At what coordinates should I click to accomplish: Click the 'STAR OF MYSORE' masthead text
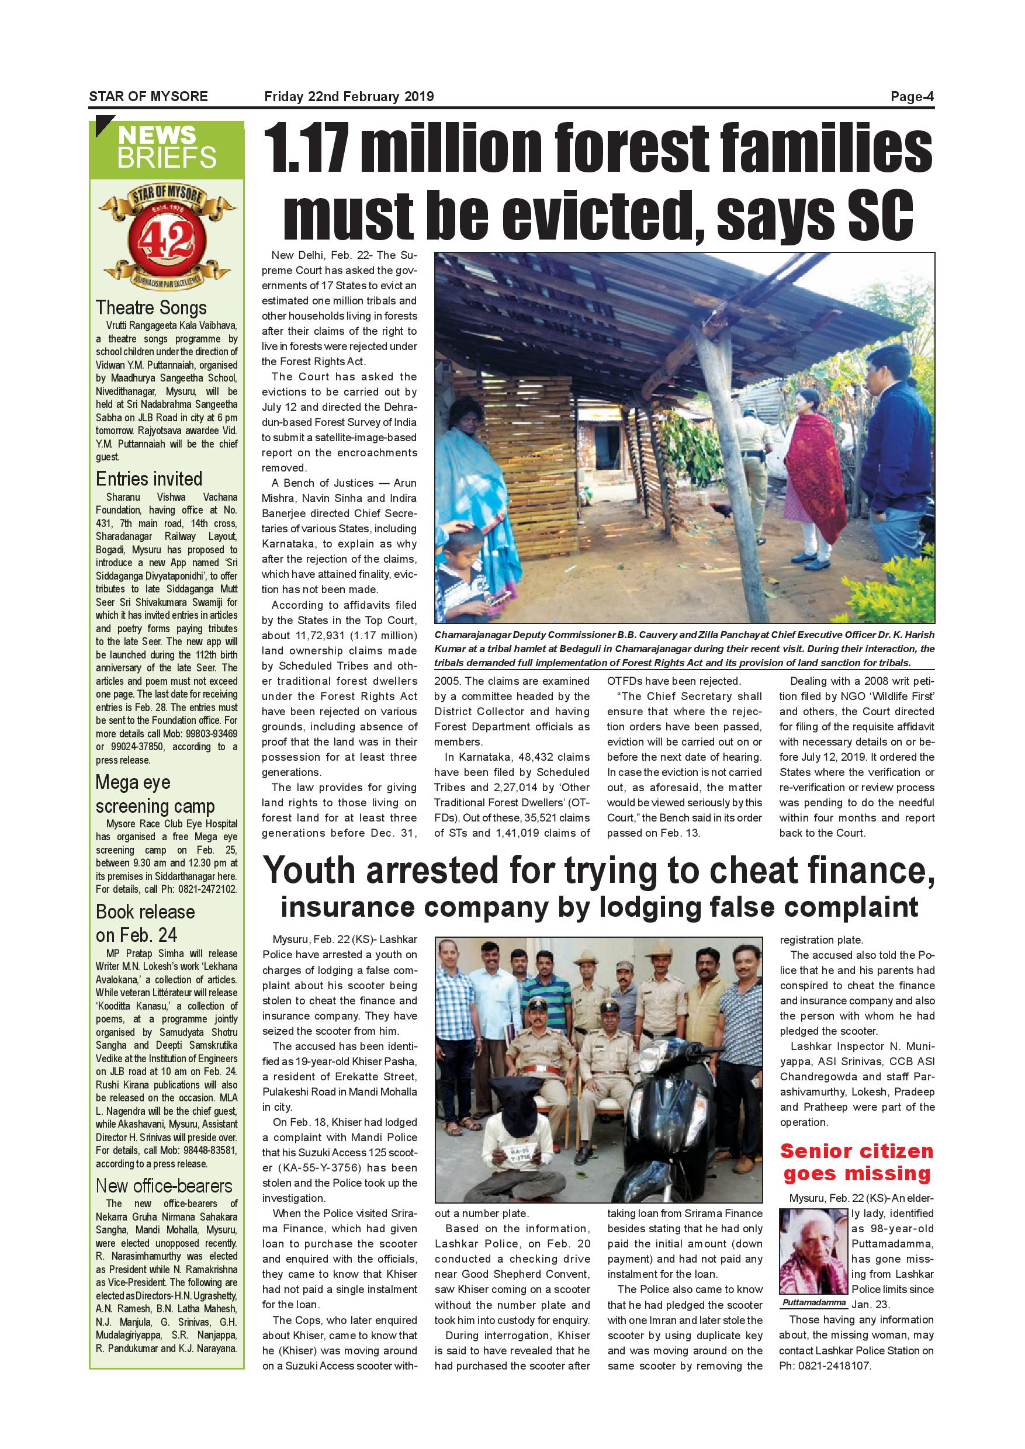point(148,96)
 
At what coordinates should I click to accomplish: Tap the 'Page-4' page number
point(912,96)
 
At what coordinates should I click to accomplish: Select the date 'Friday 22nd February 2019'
point(349,96)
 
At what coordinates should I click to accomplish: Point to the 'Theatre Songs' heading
point(151,307)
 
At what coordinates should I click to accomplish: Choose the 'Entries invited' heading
point(149,479)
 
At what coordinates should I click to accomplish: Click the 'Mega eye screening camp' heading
point(155,794)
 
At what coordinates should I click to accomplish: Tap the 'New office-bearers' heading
point(164,1185)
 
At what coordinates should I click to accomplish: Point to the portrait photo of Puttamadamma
point(813,1250)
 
